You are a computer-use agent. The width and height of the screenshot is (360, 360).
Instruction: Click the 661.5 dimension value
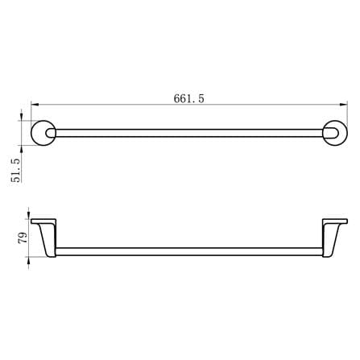[188, 98]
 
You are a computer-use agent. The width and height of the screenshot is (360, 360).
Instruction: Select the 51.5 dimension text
[16, 171]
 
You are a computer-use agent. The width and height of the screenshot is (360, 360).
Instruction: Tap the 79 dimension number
[23, 238]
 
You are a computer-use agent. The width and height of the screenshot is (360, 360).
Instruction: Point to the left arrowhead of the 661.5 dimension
[35, 105]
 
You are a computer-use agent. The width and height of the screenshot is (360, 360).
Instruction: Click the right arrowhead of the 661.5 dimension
[344, 105]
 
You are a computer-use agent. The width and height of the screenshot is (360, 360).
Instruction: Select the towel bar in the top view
[189, 133]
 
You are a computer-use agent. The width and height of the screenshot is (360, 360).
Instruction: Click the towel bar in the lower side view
[189, 251]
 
